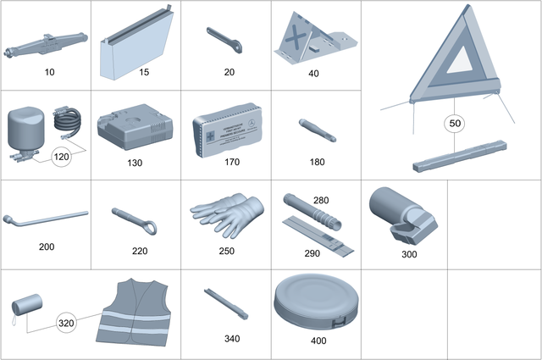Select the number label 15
point(144,73)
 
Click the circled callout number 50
point(456,124)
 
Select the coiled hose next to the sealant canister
point(68,124)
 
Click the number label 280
point(321,201)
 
